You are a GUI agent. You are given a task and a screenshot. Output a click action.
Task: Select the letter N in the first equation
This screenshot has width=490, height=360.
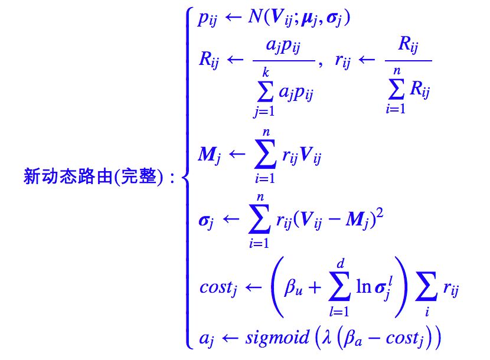point(256,19)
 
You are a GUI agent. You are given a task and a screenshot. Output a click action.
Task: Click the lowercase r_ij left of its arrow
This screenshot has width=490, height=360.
point(344,64)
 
